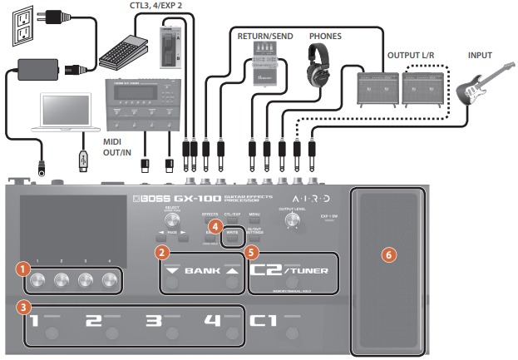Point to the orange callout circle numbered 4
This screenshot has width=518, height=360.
(x=215, y=224)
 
